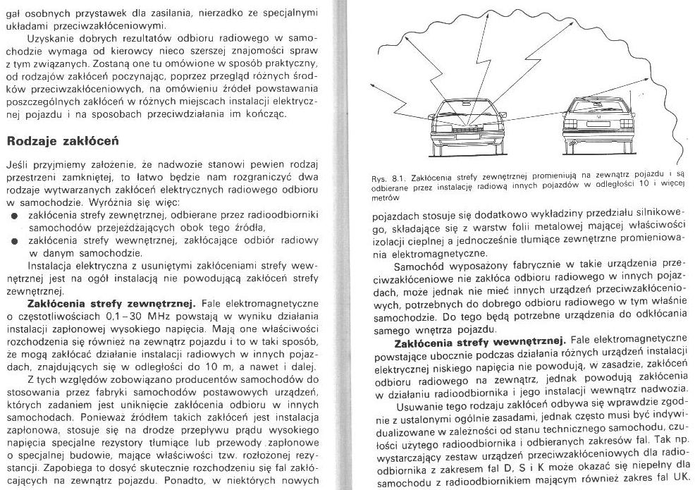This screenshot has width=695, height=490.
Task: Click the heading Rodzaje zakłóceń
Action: pyautogui.click(x=62, y=140)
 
